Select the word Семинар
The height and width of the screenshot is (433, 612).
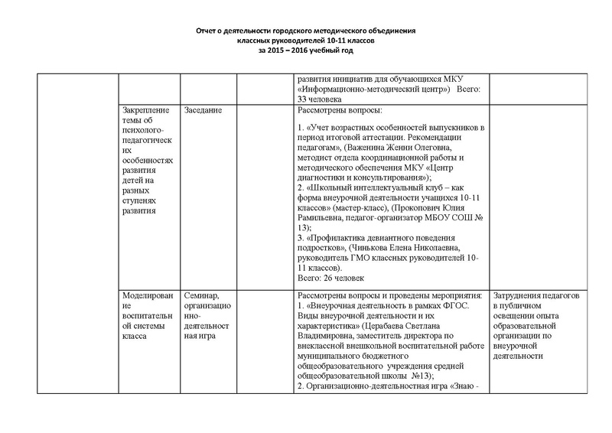click(x=201, y=295)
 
